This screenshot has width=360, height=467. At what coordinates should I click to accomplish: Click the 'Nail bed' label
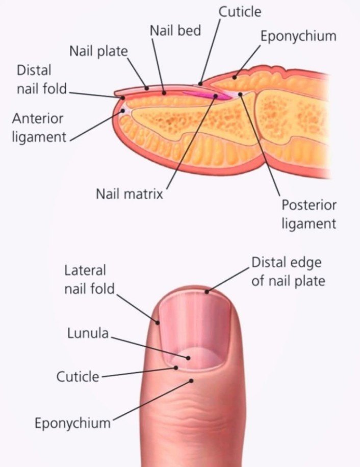pos(175,31)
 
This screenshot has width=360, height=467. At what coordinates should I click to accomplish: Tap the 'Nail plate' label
pos(98,51)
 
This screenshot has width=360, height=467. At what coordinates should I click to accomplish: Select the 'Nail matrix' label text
pos(130,194)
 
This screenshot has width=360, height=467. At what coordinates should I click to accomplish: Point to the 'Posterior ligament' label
pos(309,214)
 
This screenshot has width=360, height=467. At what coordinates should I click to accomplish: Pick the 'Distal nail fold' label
pos(42,80)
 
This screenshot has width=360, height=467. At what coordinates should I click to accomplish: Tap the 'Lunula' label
pos(88,333)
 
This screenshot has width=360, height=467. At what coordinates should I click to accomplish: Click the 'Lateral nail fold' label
pos(90,280)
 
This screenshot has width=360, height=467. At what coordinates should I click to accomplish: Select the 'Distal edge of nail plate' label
pos(288,272)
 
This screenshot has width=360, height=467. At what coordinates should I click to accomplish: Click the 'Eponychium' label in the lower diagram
pos(72,423)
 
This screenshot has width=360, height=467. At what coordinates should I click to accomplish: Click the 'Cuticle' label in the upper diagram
pos(240,12)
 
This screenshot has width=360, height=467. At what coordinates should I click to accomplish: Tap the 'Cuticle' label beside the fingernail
pos(78,377)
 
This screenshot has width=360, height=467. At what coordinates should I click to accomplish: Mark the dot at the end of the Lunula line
pos(188,358)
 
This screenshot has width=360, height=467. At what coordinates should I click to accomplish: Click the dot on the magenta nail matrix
pos(215,96)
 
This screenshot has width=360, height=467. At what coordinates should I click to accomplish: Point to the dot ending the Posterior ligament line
pos(240,94)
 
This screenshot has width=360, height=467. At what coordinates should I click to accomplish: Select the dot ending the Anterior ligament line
pos(122,111)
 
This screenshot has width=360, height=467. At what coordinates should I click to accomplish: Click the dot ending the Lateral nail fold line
pos(158,322)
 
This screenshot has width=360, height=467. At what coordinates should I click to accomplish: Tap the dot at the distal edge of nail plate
pos(207,292)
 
